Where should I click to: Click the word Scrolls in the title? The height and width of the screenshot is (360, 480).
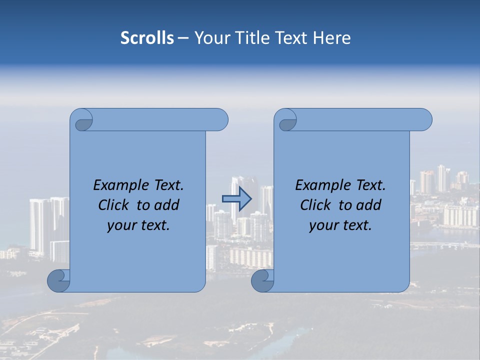click(147, 38)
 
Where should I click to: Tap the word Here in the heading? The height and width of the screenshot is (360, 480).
click(332, 38)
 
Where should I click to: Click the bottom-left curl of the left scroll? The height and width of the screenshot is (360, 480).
click(59, 280)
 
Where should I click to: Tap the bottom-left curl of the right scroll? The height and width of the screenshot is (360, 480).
click(262, 280)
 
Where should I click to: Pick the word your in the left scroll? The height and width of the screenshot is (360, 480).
click(121, 225)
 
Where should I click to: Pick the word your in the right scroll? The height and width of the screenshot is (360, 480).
click(323, 225)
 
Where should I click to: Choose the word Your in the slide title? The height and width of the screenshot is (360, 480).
click(210, 38)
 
